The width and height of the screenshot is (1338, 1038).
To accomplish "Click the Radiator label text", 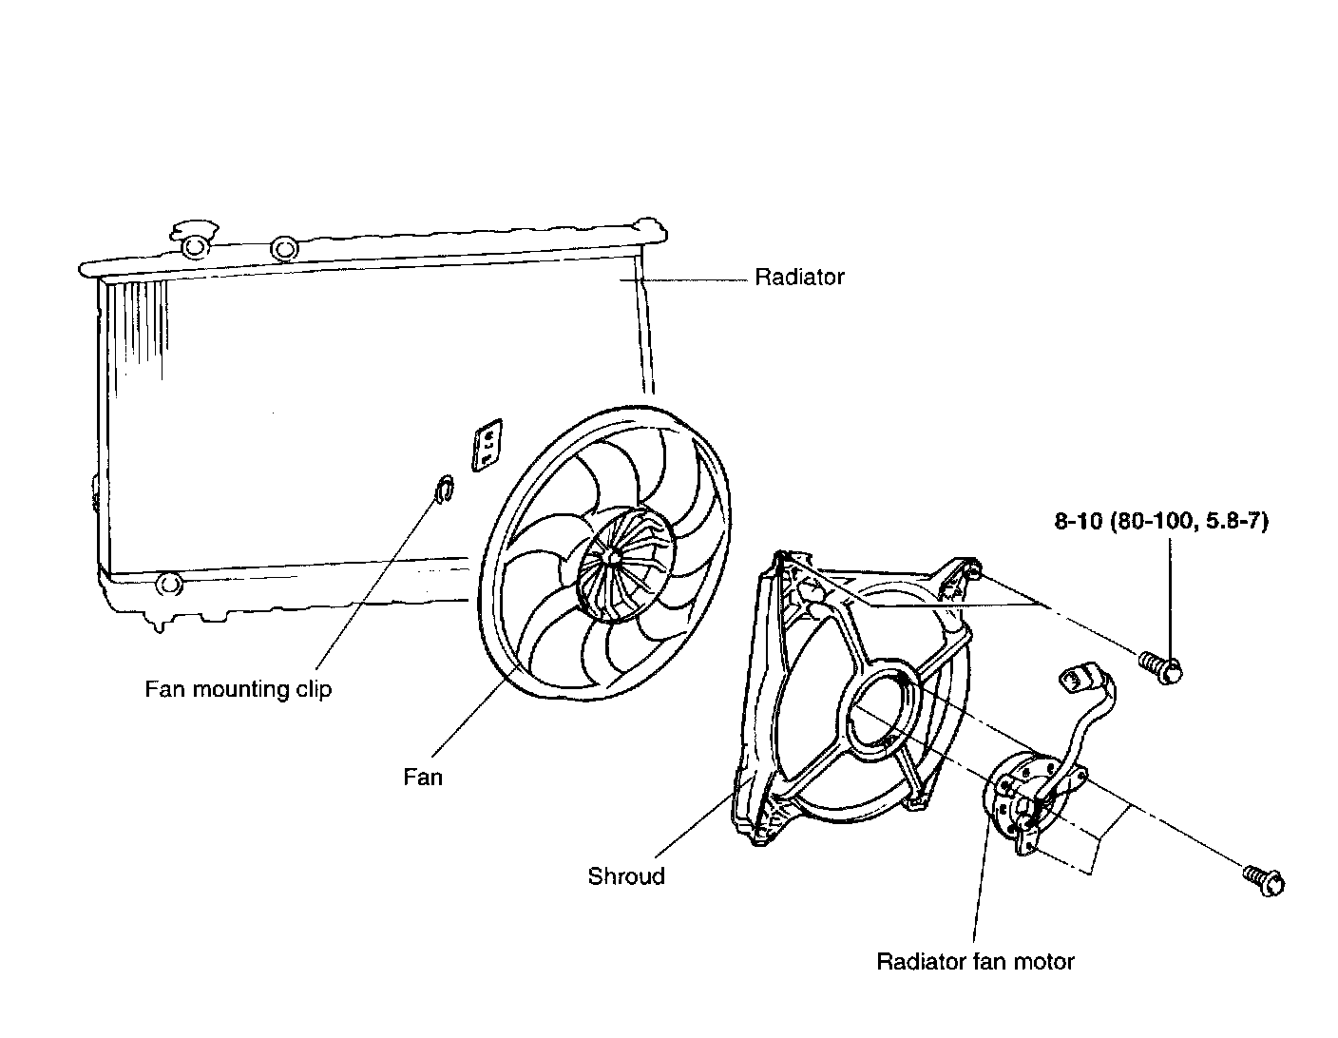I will (799, 278).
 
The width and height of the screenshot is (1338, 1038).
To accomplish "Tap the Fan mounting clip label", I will (238, 688).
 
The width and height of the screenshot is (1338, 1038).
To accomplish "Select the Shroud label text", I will (625, 876).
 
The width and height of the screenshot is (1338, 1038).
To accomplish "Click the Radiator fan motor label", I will (974, 962).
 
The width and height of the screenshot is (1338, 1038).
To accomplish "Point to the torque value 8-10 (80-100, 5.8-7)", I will (1160, 521).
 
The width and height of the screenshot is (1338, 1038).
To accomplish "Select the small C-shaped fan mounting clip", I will (443, 490).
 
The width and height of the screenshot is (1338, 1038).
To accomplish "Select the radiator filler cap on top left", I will (193, 243).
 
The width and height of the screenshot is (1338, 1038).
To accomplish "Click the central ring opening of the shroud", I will (884, 708).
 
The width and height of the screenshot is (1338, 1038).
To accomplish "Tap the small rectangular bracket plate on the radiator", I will (487, 444).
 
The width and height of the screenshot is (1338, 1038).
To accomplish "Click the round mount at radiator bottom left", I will (168, 583).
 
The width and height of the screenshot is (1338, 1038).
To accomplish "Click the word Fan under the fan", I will (423, 778).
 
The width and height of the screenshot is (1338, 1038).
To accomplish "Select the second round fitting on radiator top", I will (283, 249).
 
